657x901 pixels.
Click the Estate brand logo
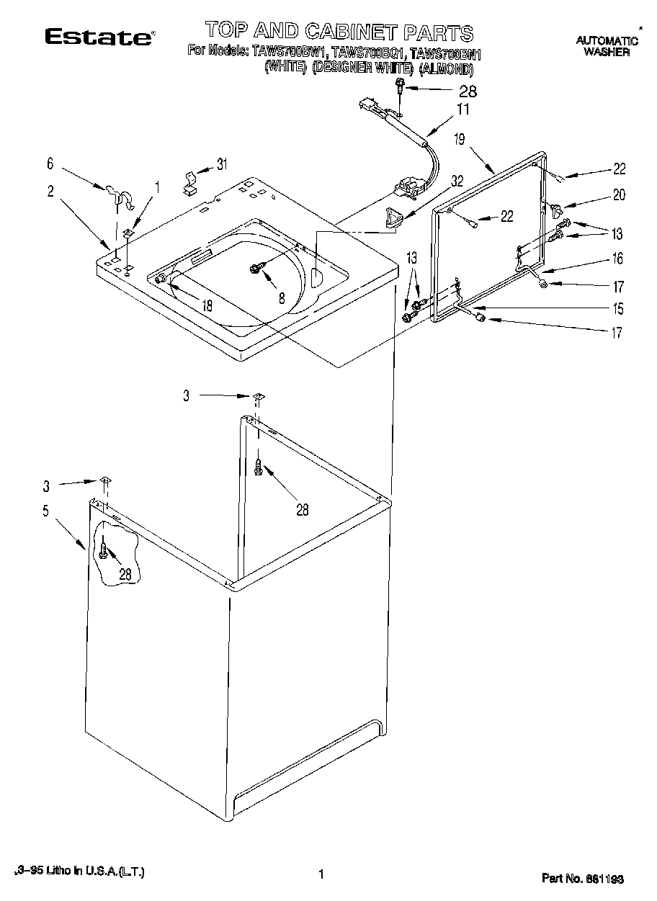tap(99, 37)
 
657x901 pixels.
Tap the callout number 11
tap(462, 109)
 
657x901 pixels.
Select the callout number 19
tap(460, 140)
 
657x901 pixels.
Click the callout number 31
tap(222, 164)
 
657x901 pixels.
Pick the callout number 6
tap(50, 165)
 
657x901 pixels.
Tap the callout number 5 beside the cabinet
tap(45, 512)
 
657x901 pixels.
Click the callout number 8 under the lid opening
tap(282, 296)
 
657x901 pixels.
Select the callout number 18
tap(207, 305)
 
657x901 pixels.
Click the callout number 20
tap(619, 194)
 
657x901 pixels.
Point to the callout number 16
tap(617, 258)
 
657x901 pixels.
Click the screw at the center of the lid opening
tap(256, 268)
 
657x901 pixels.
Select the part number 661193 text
tap(582, 879)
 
